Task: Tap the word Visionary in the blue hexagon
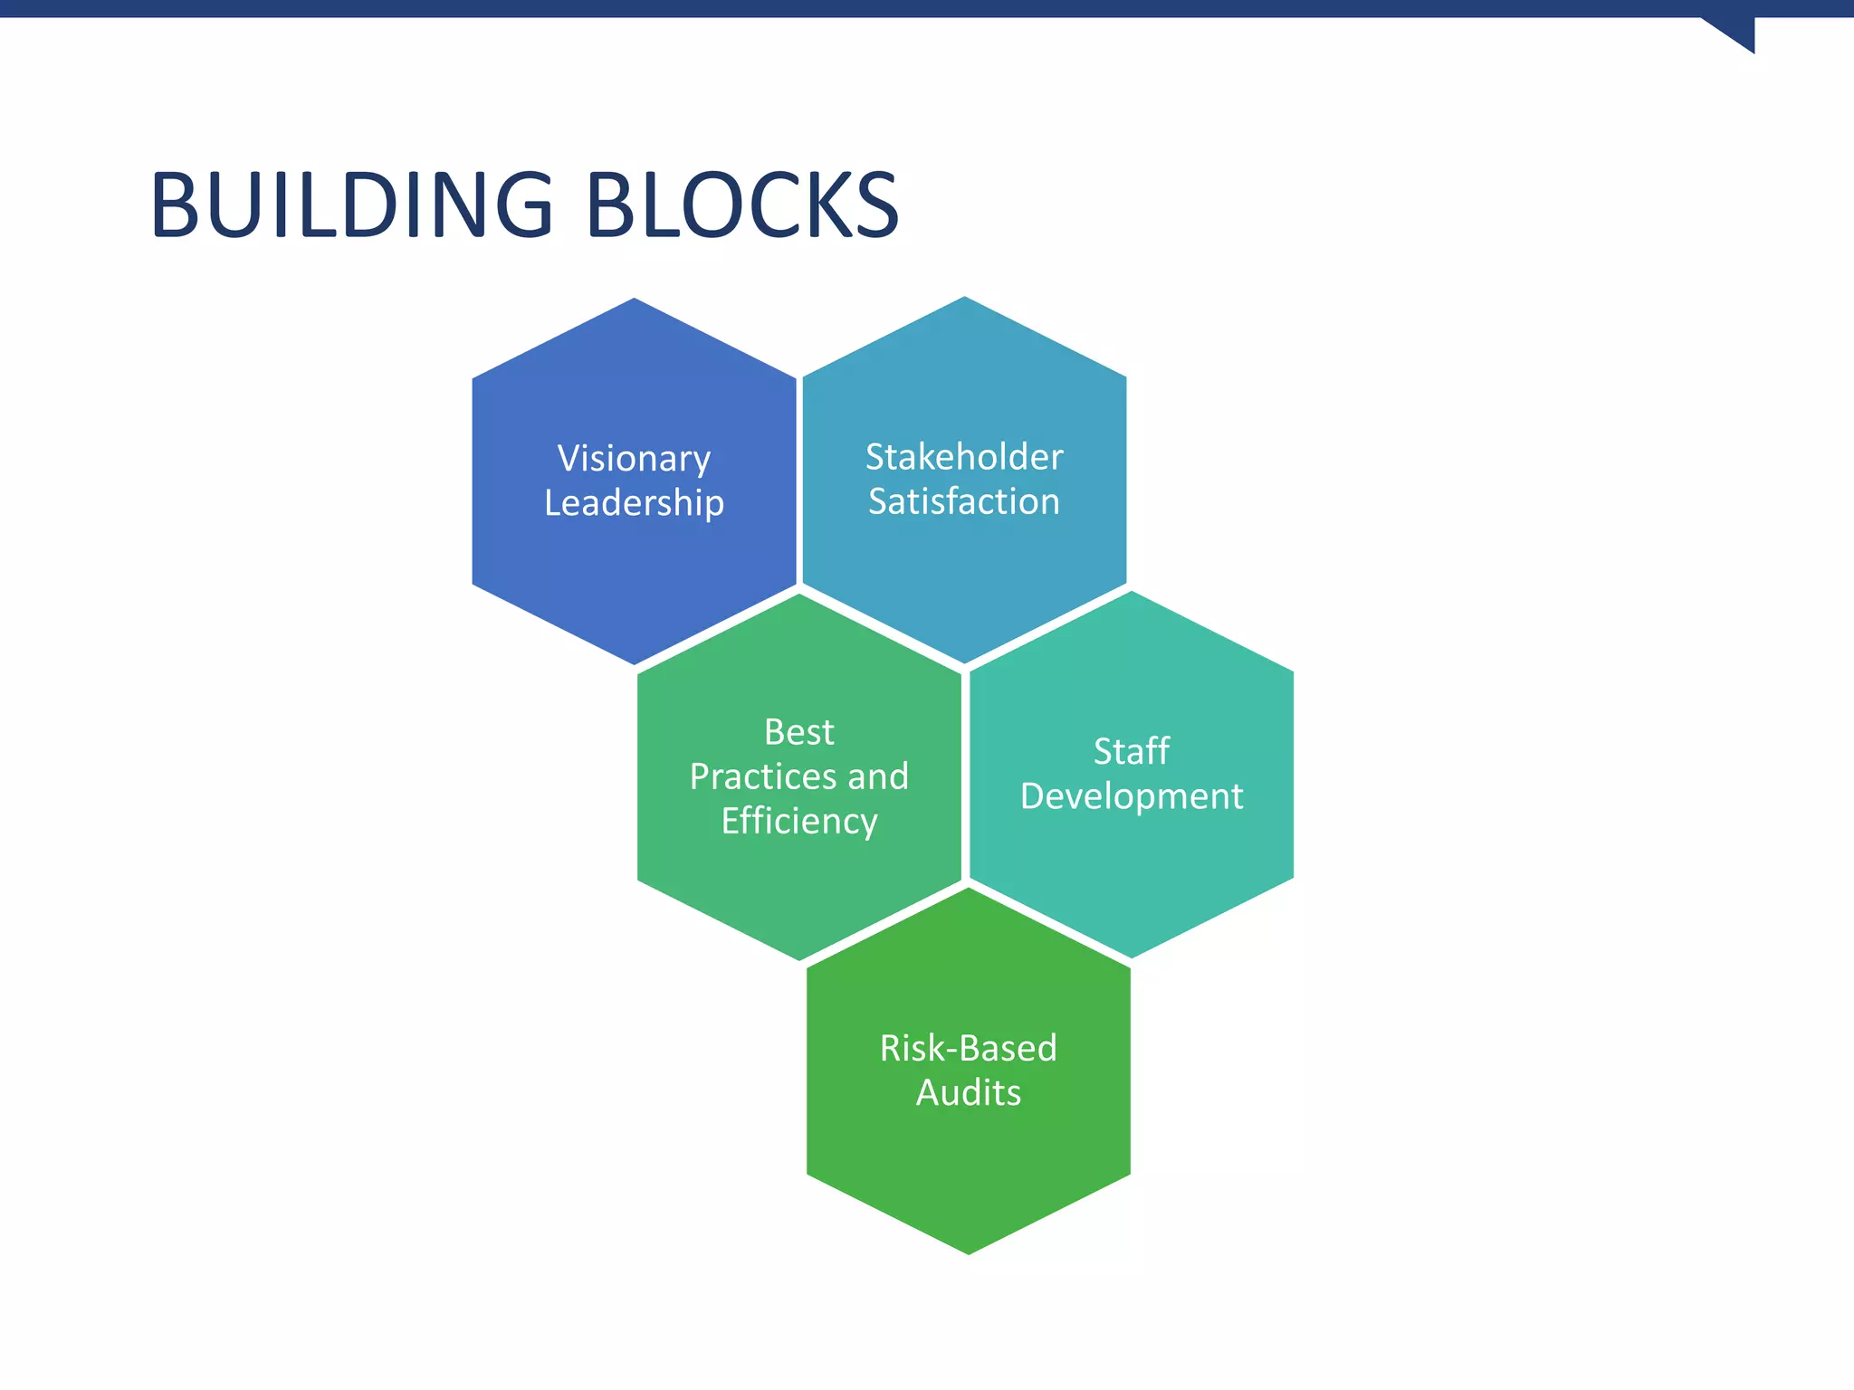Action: (634, 459)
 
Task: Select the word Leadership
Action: (634, 503)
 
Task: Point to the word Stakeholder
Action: (964, 457)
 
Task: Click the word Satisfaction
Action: (964, 501)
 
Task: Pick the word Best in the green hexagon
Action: (798, 732)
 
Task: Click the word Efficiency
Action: (798, 822)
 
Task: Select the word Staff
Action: (1132, 751)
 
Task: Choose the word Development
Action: (1132, 796)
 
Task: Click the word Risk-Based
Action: (969, 1048)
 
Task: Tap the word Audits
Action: (969, 1093)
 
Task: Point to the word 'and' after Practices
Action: (878, 776)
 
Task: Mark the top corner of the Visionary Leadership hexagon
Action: (634, 300)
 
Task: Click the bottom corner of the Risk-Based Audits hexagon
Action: (969, 1253)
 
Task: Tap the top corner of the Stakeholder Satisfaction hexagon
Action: (964, 298)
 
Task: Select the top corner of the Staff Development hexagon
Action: (1132, 593)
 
